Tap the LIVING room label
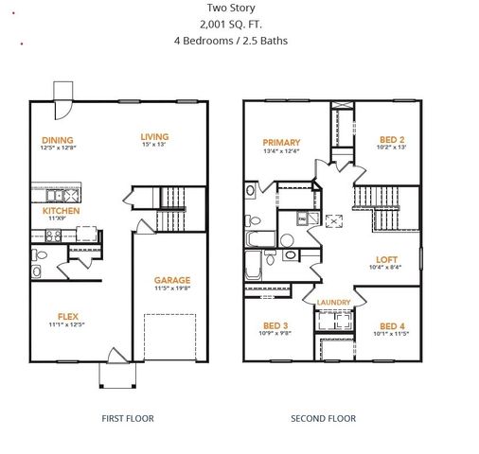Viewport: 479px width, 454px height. coord(153,135)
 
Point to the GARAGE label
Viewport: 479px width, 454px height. coord(172,280)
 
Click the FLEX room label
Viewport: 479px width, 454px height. coord(67,317)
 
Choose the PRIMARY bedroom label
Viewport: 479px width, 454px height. coord(281,142)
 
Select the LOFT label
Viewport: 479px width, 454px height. coord(386,259)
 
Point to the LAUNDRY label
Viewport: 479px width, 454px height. coord(333,303)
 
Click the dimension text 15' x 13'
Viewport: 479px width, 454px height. coord(153,145)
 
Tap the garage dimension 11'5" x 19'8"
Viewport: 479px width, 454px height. coord(172,289)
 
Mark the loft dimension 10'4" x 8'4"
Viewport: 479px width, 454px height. coord(386,268)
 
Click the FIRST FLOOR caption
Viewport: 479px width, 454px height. coord(127,417)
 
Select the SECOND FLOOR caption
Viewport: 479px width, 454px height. coord(323,417)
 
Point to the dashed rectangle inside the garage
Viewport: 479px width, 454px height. coord(170,336)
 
